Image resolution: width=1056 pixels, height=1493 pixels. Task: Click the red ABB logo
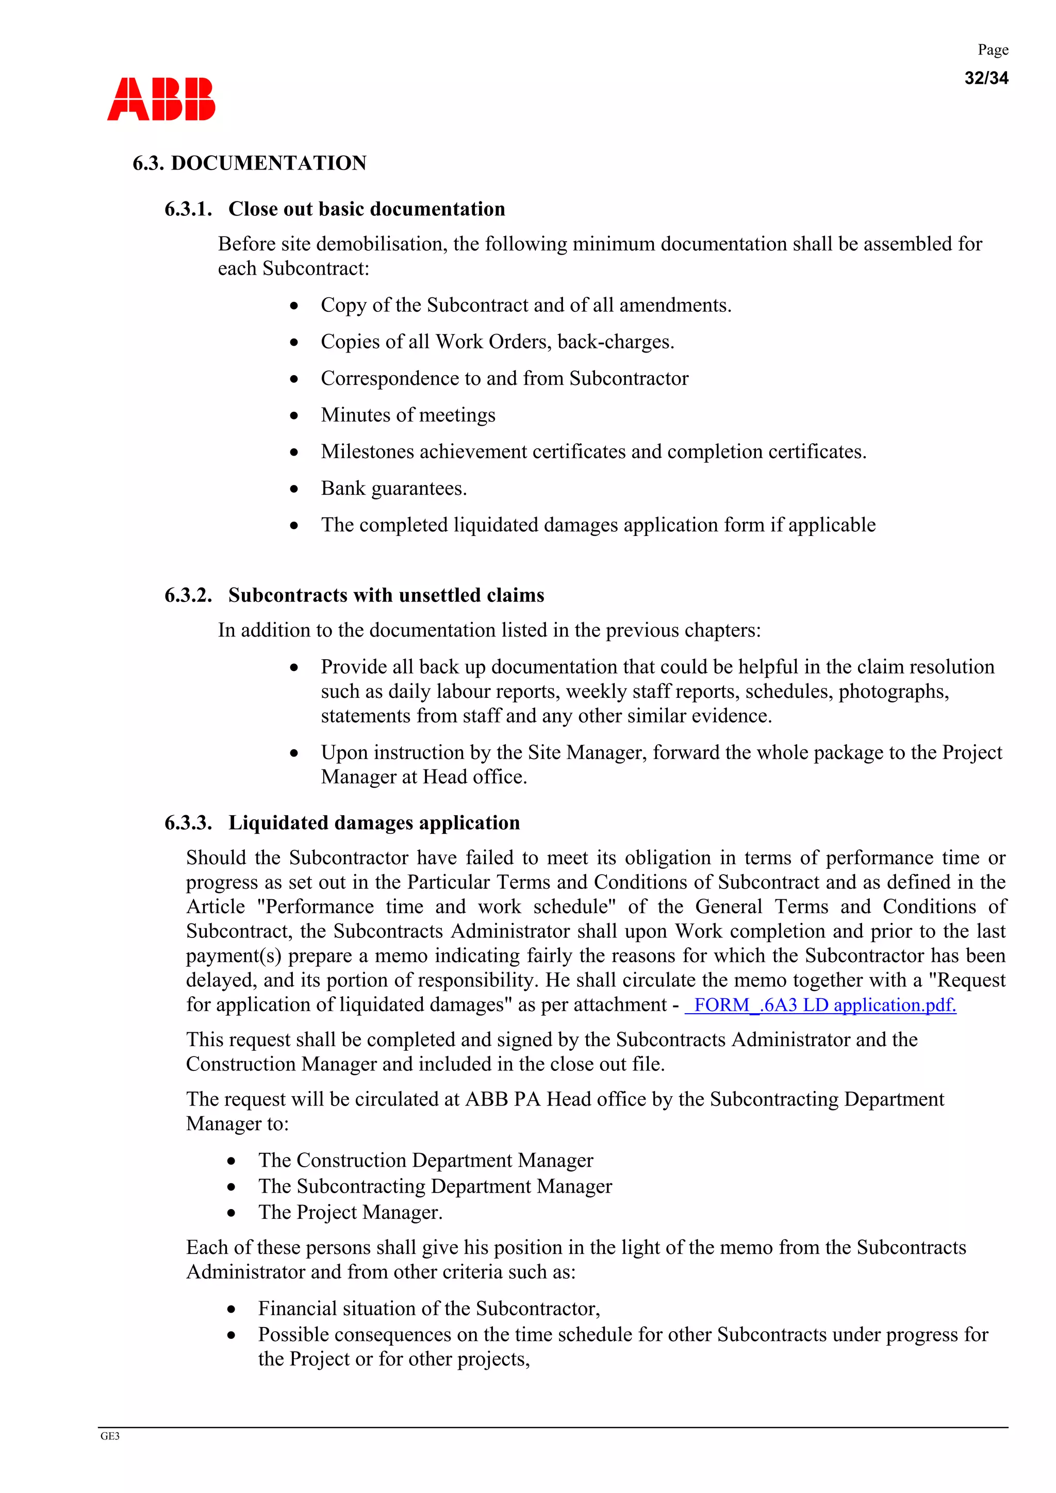point(161,99)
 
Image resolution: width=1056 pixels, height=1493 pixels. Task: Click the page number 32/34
point(986,78)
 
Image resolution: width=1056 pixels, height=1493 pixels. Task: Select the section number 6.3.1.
point(188,209)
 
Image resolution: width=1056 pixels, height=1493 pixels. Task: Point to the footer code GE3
point(110,1436)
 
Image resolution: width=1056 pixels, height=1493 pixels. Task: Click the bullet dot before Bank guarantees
point(294,489)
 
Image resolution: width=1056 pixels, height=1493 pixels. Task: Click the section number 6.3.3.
point(188,823)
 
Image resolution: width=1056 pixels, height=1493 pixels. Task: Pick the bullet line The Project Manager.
point(350,1212)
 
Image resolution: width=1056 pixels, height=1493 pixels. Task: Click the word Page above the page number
point(993,50)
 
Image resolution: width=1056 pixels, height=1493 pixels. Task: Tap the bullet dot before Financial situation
point(231,1309)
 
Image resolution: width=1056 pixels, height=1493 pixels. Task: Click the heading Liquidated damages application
point(374,823)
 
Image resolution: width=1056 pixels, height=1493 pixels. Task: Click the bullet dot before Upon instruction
point(294,753)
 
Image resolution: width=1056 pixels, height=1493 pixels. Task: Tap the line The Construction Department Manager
point(425,1160)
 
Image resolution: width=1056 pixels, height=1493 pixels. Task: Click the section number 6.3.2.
point(188,595)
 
